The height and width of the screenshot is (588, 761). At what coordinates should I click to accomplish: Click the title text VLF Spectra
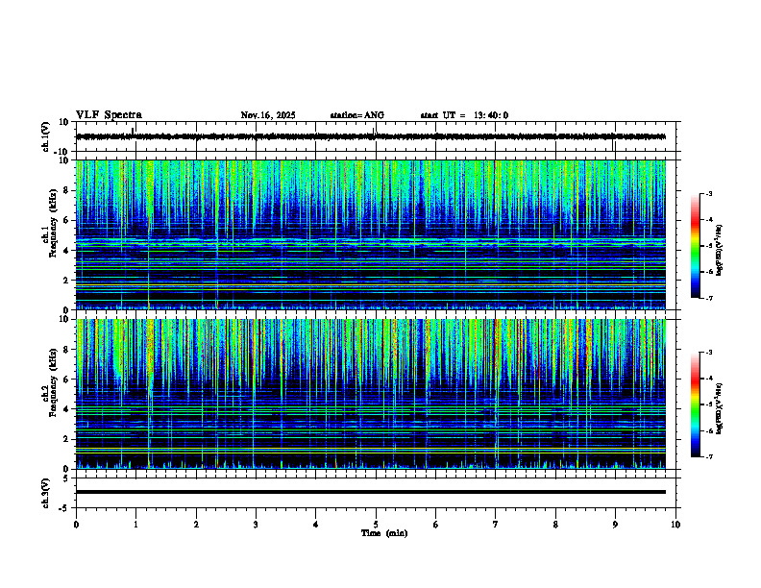pos(109,114)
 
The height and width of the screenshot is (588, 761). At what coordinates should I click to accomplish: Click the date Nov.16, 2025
pos(268,115)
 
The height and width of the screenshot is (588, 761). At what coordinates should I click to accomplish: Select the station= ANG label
pos(356,115)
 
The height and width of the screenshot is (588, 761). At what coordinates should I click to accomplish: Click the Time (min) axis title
pos(383,532)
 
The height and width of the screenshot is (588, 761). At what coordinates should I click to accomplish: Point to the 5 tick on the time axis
pos(376,524)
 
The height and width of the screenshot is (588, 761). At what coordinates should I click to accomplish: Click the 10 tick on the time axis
pos(675,524)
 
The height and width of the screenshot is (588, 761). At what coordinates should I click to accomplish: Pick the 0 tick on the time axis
pos(76,524)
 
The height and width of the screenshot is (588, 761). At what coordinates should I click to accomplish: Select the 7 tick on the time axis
pos(496,524)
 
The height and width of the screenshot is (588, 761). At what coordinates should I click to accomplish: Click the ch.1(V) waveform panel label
pos(46,136)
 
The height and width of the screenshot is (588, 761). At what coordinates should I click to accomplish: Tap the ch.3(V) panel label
pos(46,491)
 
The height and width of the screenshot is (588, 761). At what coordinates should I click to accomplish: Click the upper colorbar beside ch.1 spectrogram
pos(702,245)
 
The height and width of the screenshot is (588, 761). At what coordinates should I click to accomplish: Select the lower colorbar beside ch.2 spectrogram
pos(702,404)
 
